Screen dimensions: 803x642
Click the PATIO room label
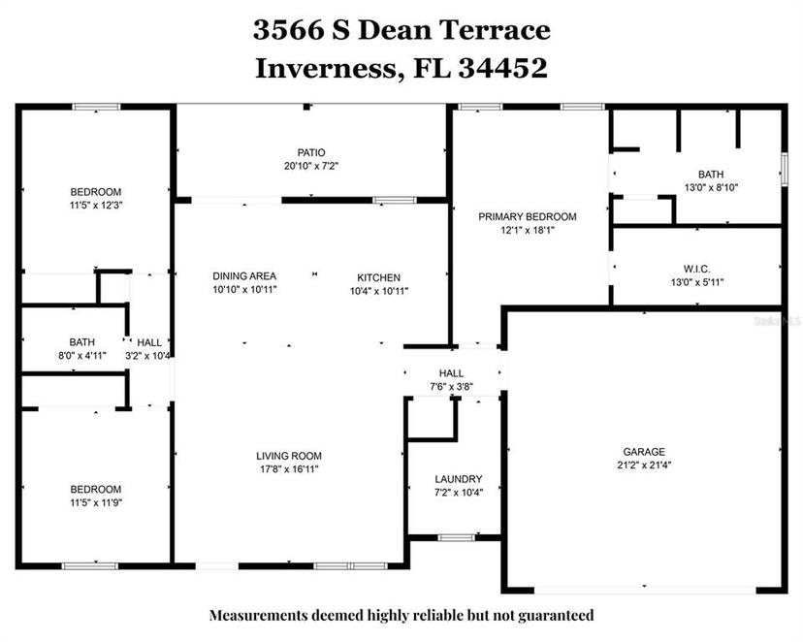point(311,152)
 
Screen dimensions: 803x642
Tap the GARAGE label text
point(644,452)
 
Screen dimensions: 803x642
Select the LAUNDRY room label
point(459,479)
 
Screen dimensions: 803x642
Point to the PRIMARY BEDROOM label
point(528,216)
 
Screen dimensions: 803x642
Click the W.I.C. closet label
point(697,269)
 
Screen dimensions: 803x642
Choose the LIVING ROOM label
point(289,456)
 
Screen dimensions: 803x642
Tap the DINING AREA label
point(244,276)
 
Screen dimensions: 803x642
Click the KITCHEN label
point(378,277)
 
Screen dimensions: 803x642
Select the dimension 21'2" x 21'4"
point(644,465)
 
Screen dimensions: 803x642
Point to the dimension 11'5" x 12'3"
point(96,206)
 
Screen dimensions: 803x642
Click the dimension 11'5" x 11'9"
point(96,502)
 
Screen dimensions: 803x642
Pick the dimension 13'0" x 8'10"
point(711,187)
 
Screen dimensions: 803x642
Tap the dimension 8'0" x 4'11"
point(81,355)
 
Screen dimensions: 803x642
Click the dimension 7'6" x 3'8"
point(451,387)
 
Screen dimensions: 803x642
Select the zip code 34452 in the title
point(503,68)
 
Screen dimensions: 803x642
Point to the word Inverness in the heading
point(327,69)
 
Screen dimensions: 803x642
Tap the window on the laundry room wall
point(457,537)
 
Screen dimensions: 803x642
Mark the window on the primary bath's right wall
point(784,169)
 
